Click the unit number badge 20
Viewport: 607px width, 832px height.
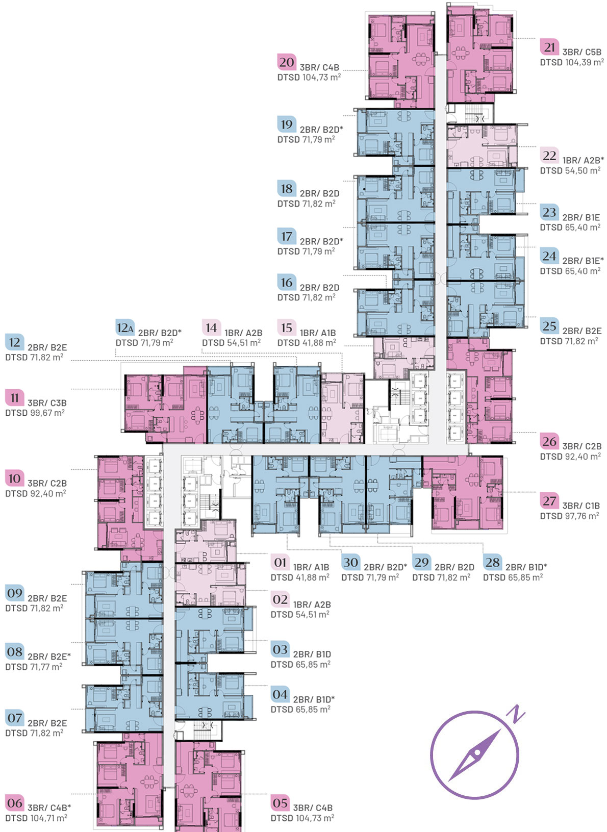coord(286,62)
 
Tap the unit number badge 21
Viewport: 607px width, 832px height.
coord(549,47)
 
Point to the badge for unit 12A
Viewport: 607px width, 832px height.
coord(125,327)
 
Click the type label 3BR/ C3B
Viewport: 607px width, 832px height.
coord(47,402)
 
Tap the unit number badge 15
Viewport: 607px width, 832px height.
coord(286,327)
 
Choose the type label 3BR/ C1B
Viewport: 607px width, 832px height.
coord(581,506)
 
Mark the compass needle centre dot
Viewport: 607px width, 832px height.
coord(476,753)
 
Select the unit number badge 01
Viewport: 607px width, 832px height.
coord(280,562)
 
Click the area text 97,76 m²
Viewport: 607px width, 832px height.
coord(581,516)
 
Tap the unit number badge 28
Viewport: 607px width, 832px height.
coord(492,562)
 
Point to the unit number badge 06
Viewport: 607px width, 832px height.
coord(14,803)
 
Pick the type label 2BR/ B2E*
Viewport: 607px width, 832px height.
coord(49,657)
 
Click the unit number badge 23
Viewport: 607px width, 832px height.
coord(549,212)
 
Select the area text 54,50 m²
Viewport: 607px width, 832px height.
coord(583,170)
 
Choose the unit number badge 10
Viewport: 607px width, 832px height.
coord(14,478)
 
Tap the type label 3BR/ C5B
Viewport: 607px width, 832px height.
coord(581,52)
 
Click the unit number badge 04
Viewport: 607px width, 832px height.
coord(280,694)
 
